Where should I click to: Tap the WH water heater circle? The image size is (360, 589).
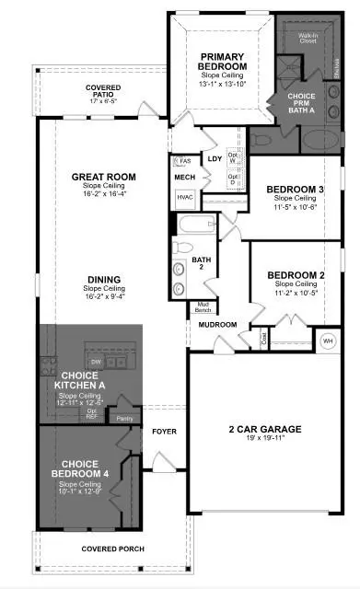pyautogui.click(x=328, y=341)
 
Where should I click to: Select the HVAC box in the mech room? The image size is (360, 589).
pyautogui.click(x=184, y=197)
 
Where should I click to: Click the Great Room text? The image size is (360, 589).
pyautogui.click(x=103, y=177)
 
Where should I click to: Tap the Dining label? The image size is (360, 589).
pyautogui.click(x=104, y=280)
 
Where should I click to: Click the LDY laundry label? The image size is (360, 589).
pyautogui.click(x=215, y=158)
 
